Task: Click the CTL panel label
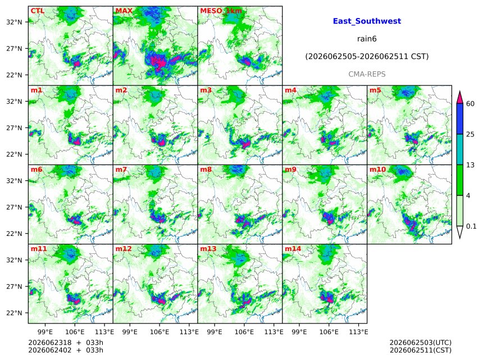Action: (37, 11)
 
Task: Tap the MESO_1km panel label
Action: (221, 11)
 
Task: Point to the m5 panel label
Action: (375, 90)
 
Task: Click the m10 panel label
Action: (377, 170)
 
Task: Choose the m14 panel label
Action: (293, 249)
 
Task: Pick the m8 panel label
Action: (206, 170)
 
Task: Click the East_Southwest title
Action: (367, 21)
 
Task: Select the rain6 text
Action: (367, 39)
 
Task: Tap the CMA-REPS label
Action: (367, 74)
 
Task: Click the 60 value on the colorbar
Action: (470, 103)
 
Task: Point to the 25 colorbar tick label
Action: (470, 134)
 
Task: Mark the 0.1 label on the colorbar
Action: (471, 226)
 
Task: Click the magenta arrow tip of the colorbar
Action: (460, 92)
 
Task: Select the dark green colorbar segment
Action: (460, 180)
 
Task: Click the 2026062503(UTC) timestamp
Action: (421, 343)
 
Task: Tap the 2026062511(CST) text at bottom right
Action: (421, 350)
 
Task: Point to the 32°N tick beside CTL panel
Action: (14, 22)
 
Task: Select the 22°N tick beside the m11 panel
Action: (14, 313)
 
